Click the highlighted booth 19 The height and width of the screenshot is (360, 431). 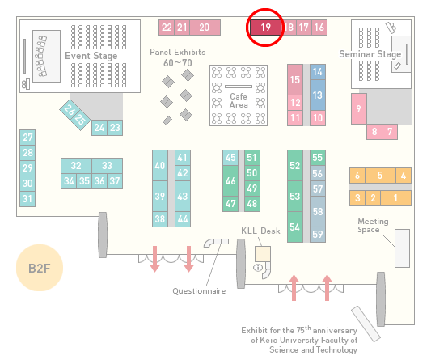(265, 28)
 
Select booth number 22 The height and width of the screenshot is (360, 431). (167, 28)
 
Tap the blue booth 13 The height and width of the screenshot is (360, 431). (318, 95)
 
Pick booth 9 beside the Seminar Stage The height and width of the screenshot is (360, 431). (359, 108)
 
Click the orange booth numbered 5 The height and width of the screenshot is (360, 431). (380, 176)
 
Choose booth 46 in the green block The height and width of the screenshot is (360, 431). (230, 180)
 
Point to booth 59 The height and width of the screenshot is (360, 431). (318, 235)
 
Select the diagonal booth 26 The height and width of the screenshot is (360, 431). (69, 109)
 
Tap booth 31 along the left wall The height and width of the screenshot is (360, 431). (27, 198)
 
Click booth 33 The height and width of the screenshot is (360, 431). (108, 166)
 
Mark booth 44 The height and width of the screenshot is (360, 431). (183, 219)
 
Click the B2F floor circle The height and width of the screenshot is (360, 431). (40, 268)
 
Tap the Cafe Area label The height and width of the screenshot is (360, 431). (239, 100)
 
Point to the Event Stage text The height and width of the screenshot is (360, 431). (91, 56)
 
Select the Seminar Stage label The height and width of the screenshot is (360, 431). (370, 54)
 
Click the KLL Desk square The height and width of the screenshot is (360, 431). (263, 254)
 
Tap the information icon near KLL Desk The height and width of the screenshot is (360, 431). (258, 267)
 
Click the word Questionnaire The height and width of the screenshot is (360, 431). (199, 291)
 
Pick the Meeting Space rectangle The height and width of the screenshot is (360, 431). (402, 248)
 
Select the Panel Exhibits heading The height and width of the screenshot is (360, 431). (178, 52)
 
